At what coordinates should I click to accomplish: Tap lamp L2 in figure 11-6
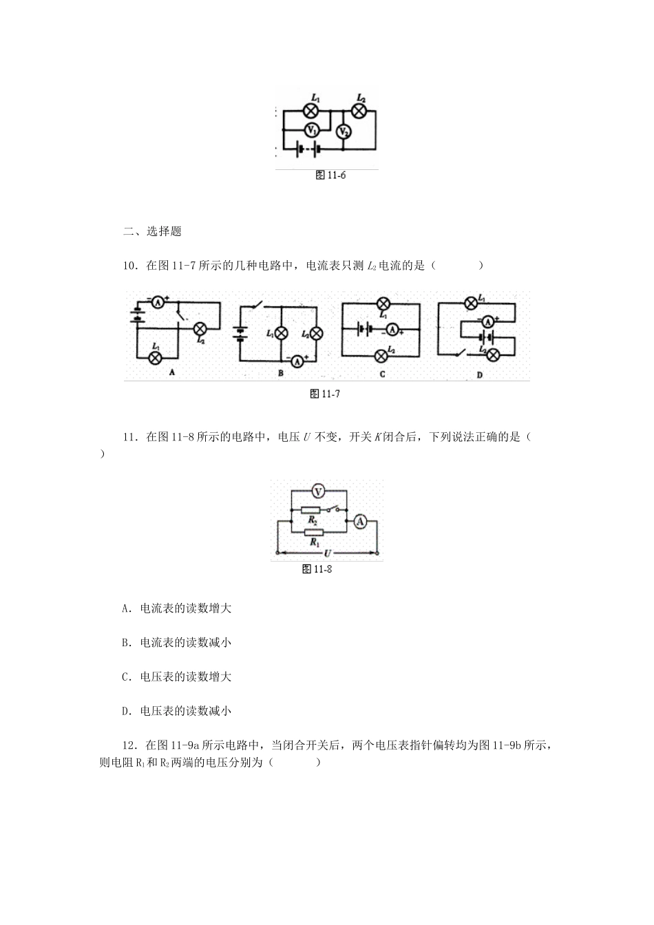click(x=359, y=109)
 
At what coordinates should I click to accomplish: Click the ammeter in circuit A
click(x=158, y=301)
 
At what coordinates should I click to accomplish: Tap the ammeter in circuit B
click(x=297, y=360)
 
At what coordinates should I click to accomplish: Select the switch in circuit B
click(x=258, y=305)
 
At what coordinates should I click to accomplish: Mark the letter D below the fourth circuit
click(x=480, y=375)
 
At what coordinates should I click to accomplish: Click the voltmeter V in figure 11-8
click(x=317, y=491)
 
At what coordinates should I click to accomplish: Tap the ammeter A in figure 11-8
click(x=359, y=522)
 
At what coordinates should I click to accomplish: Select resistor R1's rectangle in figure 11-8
click(x=314, y=532)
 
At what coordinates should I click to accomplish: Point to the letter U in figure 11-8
click(x=328, y=553)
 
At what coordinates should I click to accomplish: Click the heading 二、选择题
click(x=151, y=231)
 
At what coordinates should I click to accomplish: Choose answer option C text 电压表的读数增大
click(x=176, y=677)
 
